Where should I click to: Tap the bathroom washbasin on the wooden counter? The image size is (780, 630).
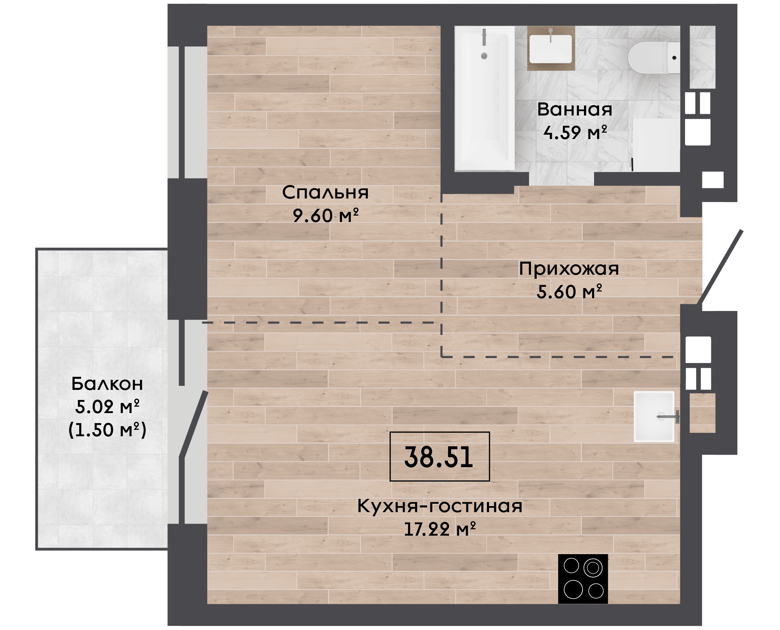click(550, 49)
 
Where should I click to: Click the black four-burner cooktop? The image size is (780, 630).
click(583, 579)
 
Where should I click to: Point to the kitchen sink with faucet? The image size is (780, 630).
click(654, 417)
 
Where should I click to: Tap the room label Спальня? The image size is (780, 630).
click(325, 192)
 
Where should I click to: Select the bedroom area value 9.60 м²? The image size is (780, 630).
click(326, 216)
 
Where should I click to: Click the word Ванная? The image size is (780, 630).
click(575, 109)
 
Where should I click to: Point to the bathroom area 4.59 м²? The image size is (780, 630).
click(575, 132)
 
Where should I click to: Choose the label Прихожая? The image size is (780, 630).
click(569, 269)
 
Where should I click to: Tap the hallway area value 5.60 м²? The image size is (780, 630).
click(569, 292)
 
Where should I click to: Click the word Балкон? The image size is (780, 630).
click(107, 384)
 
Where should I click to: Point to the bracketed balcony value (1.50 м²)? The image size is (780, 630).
click(107, 430)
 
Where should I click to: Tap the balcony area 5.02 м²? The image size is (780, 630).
click(107, 407)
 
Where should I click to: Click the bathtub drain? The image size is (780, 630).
click(484, 56)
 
